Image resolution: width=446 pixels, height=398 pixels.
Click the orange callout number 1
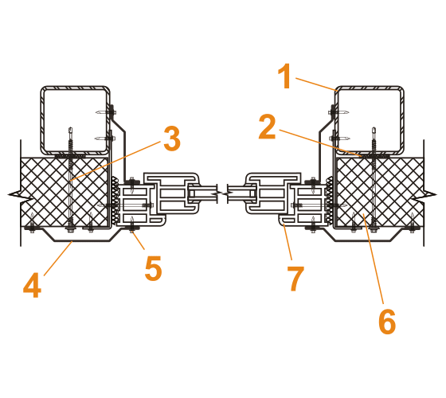click(x=285, y=76)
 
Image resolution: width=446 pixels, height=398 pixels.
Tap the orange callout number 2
click(x=268, y=127)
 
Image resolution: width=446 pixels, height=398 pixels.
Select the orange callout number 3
click(x=172, y=139)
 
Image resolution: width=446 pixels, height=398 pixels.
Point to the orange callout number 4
click(x=33, y=285)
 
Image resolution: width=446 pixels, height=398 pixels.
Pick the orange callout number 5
click(x=153, y=268)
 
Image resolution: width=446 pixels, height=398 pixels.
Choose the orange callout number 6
click(x=387, y=321)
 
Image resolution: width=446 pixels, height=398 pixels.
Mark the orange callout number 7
click(x=295, y=279)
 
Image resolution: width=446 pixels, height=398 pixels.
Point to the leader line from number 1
click(x=316, y=84)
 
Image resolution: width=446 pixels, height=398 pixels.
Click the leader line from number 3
click(x=115, y=161)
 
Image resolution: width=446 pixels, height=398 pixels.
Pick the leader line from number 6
click(x=374, y=259)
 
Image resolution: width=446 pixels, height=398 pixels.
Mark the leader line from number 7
click(x=288, y=242)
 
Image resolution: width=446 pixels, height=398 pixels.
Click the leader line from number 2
click(x=320, y=143)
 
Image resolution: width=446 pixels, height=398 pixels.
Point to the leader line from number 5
click(x=138, y=240)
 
